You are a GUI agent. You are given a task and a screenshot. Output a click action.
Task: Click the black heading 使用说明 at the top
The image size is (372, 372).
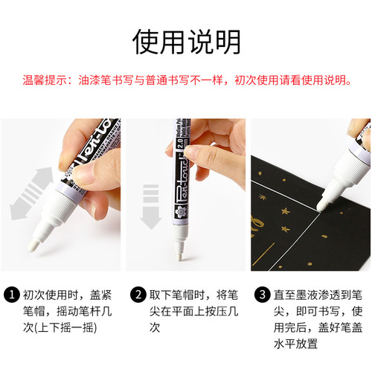tap(185, 42)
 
